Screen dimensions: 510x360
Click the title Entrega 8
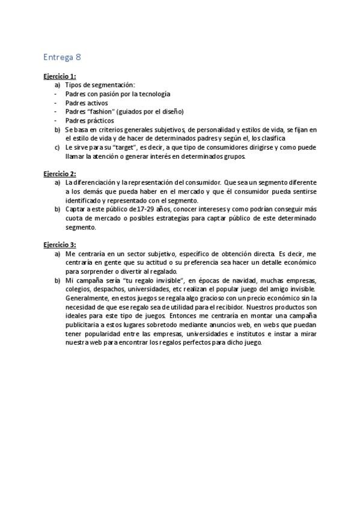point(62,58)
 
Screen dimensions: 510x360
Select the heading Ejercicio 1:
point(59,77)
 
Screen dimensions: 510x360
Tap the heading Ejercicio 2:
point(59,174)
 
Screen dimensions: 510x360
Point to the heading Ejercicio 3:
point(59,245)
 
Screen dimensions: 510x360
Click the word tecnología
point(151,94)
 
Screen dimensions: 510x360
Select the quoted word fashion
point(99,112)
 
